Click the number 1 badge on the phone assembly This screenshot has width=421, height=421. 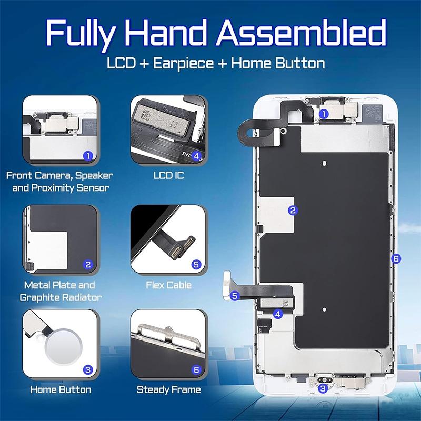(x=324, y=113)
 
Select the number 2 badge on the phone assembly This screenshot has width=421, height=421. (x=293, y=210)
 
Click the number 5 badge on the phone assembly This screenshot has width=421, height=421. (x=235, y=296)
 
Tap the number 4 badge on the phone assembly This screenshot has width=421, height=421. (x=278, y=314)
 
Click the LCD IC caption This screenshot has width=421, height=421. (x=168, y=175)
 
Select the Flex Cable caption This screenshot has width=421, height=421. (x=168, y=286)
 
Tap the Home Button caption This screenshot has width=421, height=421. (x=61, y=390)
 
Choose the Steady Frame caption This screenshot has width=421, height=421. (x=168, y=390)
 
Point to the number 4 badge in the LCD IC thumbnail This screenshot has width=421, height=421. (x=196, y=155)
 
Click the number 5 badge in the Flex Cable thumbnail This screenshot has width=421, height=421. (x=196, y=265)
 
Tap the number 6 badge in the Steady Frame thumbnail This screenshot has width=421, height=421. (x=196, y=370)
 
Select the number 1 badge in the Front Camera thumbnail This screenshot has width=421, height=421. (x=88, y=155)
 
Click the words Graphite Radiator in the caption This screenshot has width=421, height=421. (x=61, y=298)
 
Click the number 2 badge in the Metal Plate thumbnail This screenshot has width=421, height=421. (x=88, y=265)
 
